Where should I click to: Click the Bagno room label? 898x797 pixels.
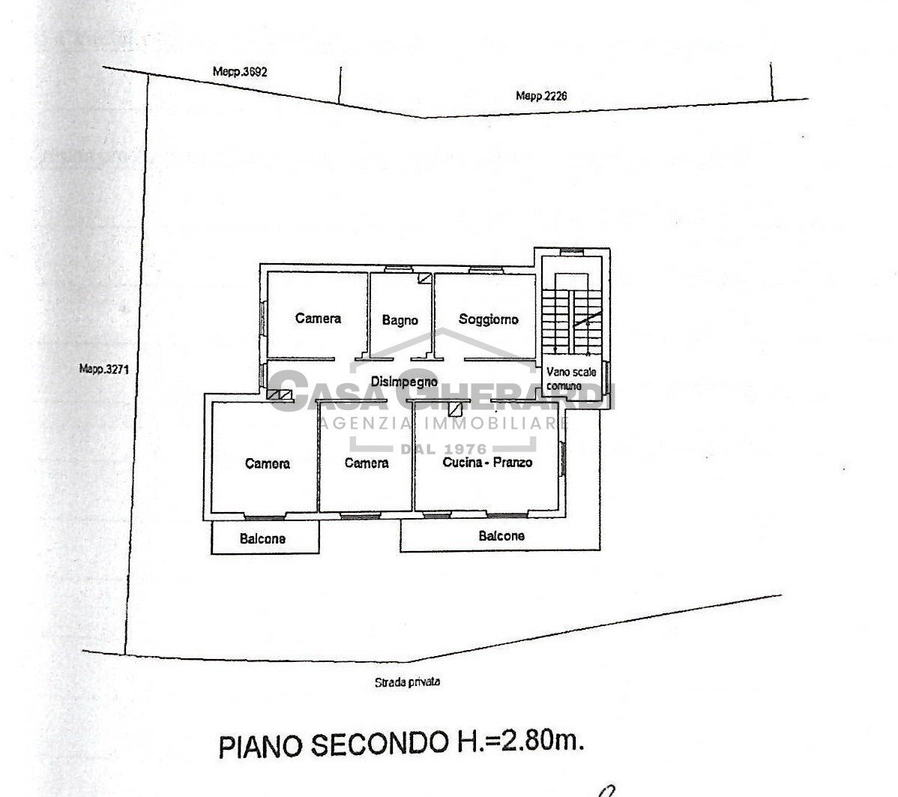400,320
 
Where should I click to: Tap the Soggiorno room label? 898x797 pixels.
489,319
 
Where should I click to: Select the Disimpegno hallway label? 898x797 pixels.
404,382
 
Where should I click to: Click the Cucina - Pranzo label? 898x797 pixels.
487,462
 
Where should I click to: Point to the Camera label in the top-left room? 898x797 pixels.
318,318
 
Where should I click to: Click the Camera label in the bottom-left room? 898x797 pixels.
267,463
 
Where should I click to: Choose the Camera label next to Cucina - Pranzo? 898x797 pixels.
366,463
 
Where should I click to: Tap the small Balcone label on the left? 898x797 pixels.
262,538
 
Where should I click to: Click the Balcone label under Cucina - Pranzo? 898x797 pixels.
501,535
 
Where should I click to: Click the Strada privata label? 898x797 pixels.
407,682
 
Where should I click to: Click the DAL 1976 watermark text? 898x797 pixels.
444,448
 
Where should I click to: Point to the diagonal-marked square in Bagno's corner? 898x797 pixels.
424,278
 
